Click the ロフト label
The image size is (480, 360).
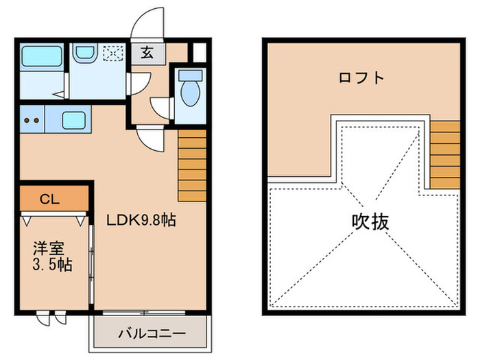click(x=361, y=77)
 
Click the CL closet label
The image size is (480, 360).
click(x=49, y=200)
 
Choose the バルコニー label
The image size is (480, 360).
click(x=151, y=335)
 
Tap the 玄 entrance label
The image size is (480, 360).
click(x=147, y=53)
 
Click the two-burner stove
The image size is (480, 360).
click(x=32, y=119)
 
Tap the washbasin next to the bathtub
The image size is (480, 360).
click(x=85, y=53)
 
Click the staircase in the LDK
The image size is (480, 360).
click(x=192, y=163)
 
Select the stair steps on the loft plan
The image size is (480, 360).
click(x=445, y=154)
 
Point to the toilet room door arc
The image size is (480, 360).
click(x=162, y=108)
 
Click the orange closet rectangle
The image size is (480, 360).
click(x=54, y=200)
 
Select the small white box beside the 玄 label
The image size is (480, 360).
click(x=198, y=53)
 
